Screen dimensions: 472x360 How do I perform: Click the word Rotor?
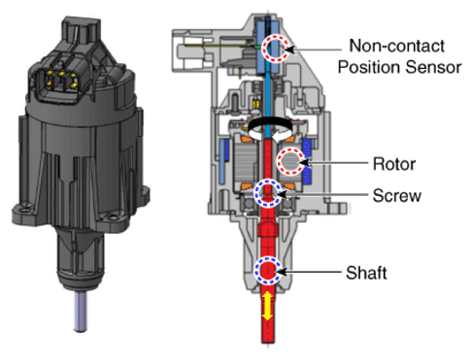point(394,164)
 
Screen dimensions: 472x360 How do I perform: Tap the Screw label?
point(396,196)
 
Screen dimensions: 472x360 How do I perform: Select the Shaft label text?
point(366,273)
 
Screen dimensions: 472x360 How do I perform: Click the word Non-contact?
point(397,46)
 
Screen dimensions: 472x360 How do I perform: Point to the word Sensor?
point(433,67)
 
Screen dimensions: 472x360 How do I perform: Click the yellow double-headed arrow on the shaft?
point(267,306)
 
